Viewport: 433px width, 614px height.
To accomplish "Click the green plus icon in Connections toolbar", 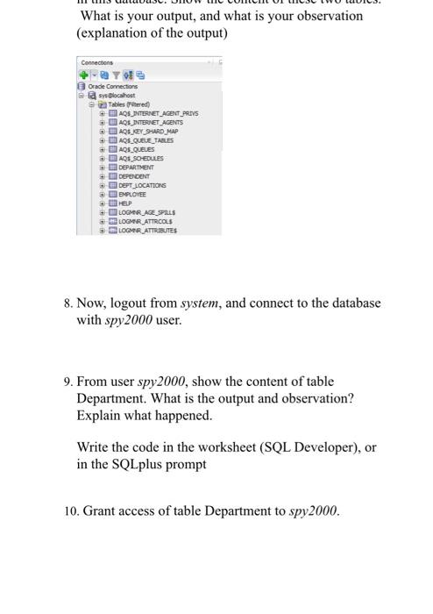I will [x=84, y=75].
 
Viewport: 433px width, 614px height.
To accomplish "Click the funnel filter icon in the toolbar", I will [x=114, y=75].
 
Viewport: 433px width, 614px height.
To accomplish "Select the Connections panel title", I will [x=96, y=62].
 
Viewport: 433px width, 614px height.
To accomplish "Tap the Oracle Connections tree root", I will [x=113, y=86].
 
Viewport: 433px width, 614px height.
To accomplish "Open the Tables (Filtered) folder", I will [x=128, y=104].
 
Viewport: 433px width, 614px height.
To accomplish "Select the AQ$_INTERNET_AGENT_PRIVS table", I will [x=153, y=113].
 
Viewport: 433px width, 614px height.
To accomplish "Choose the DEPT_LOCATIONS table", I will [x=141, y=185].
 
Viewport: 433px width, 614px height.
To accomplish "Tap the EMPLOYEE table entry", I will [x=132, y=194].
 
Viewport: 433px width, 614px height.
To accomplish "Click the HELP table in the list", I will [x=125, y=203].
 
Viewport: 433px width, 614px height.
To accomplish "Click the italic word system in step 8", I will [x=202, y=303].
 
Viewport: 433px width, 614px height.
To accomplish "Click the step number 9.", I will [x=67, y=382].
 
